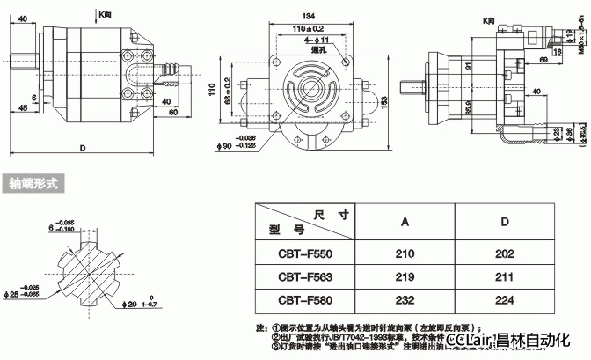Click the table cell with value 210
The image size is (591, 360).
(x=405, y=254)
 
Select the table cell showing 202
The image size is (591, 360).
(x=504, y=254)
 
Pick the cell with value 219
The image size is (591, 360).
(x=405, y=277)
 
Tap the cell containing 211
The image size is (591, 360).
(x=504, y=277)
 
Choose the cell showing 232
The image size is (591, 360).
(x=405, y=300)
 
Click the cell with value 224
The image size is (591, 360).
(x=504, y=300)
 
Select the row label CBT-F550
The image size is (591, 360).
(x=303, y=254)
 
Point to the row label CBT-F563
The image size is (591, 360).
(x=303, y=277)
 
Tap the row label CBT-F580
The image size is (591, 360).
(x=303, y=300)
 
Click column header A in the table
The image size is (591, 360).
(x=405, y=222)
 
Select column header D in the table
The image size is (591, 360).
(x=504, y=222)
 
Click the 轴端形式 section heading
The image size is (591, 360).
(x=33, y=185)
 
